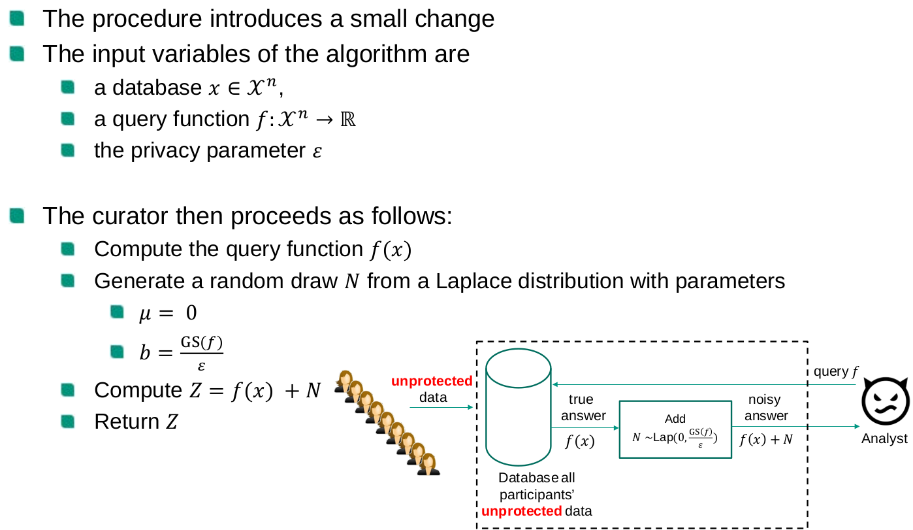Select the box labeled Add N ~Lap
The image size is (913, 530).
pyautogui.click(x=675, y=429)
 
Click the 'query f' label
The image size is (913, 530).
pyautogui.click(x=836, y=372)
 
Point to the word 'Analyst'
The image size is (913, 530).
pyautogui.click(x=884, y=439)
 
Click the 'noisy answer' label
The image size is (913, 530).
pyautogui.click(x=765, y=408)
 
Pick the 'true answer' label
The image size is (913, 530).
pyautogui.click(x=581, y=408)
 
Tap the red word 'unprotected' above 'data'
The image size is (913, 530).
pyautogui.click(x=432, y=381)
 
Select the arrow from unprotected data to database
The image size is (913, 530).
pyautogui.click(x=441, y=407)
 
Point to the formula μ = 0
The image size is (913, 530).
pyautogui.click(x=167, y=313)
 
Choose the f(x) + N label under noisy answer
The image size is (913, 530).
pyautogui.click(x=766, y=440)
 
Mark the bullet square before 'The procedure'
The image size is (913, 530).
pyautogui.click(x=17, y=18)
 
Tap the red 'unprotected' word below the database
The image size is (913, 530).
pyautogui.click(x=521, y=511)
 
